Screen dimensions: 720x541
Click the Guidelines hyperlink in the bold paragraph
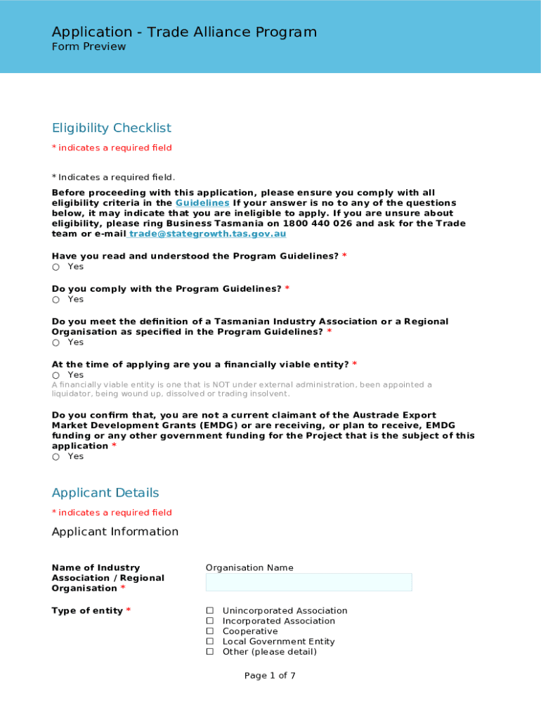202,202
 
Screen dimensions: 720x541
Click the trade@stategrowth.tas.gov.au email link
207,233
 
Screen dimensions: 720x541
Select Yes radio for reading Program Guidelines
56,267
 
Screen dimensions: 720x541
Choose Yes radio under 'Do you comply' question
56,300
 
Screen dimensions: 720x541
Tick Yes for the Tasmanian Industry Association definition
56,342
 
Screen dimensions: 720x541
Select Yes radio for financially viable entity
56,375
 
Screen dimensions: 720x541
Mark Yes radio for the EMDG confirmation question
56,457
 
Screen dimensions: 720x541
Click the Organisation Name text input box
308,582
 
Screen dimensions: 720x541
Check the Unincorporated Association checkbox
209,611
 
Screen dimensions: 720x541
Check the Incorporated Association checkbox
209,622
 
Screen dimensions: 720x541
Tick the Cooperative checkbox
209,631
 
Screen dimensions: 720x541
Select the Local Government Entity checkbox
209,642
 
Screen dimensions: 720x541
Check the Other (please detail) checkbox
209,652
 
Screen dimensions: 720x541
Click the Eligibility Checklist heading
112,128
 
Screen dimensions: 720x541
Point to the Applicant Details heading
105,493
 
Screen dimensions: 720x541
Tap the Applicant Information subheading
115,532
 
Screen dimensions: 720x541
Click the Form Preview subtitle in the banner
89,47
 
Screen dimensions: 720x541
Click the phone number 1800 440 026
318,224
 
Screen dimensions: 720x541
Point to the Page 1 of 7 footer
270,676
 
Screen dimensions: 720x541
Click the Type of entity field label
87,611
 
